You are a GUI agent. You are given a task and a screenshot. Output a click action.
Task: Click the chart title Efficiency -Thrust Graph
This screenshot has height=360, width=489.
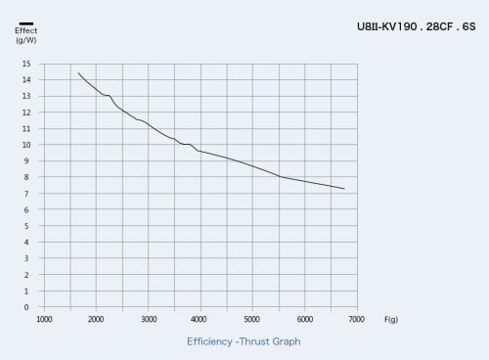pos(244,341)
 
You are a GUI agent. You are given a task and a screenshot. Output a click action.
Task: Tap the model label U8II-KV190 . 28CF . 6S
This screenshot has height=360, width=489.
pos(417,26)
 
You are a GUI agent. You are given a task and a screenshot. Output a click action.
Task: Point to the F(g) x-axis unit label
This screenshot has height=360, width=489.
pos(391,319)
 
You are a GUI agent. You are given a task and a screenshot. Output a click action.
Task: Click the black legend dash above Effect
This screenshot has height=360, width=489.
pos(26,23)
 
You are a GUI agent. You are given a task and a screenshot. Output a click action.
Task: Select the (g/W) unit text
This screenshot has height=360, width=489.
pos(26,40)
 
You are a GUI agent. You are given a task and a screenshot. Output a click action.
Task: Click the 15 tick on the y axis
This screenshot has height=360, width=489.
pos(26,64)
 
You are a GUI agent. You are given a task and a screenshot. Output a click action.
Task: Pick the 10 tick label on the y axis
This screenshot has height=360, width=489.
pos(26,145)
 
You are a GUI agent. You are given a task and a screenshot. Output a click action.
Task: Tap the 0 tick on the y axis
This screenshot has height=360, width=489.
pos(26,307)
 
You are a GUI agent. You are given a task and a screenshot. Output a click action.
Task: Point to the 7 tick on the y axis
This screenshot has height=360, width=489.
pos(26,194)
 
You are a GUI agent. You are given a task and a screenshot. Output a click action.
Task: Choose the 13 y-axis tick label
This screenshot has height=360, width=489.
pos(26,96)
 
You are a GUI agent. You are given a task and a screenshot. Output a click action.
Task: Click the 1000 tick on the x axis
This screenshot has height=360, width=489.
pos(44,319)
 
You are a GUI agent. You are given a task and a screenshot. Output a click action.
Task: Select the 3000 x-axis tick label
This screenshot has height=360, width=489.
pos(149,319)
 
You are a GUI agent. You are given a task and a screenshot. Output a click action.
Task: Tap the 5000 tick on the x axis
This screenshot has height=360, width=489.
pos(252,319)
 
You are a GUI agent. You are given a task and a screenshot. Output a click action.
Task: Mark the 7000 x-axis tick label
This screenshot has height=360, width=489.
pos(356,319)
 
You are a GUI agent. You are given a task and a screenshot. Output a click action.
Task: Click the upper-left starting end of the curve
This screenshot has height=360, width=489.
pos(78,73)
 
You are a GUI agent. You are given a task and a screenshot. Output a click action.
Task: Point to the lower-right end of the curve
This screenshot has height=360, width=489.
pos(344,189)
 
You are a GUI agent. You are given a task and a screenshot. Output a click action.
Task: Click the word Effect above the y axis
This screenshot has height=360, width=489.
pos(26,30)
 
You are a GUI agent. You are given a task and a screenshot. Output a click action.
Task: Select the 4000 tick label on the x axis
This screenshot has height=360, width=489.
pos(199,319)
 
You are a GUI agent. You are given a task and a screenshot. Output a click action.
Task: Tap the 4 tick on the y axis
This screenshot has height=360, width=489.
pos(26,243)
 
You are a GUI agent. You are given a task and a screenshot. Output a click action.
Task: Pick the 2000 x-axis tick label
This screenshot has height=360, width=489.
pos(96,319)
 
